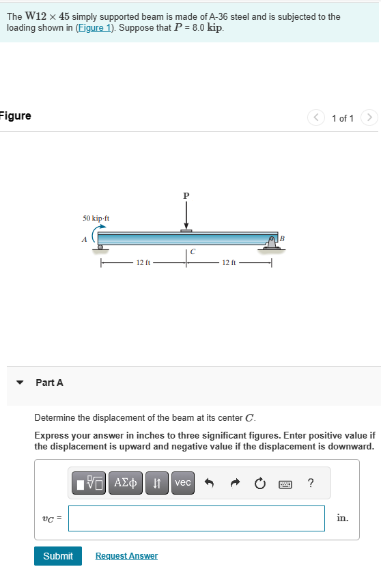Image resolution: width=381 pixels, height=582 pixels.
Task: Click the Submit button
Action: pos(58,556)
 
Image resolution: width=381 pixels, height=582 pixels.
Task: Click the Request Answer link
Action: pos(126,556)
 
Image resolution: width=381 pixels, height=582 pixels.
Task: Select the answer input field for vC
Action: pos(197,518)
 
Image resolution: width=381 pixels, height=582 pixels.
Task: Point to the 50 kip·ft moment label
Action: pos(96,219)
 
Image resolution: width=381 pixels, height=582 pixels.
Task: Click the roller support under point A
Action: pos(100,247)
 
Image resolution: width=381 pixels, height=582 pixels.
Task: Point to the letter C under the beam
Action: pos(193,252)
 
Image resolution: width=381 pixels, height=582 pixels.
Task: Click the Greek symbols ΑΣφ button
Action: pos(125,483)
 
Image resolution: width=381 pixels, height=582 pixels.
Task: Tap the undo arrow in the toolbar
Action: pos(210,484)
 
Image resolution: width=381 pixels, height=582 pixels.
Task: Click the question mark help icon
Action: pos(311,484)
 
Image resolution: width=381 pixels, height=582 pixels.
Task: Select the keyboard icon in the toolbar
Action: pos(285,484)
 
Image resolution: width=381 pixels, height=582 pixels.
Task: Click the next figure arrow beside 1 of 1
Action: pos(369,118)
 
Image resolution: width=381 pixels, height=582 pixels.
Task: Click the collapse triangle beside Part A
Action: pos(20,383)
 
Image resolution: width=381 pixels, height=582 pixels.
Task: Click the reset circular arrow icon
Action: pos(260,484)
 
